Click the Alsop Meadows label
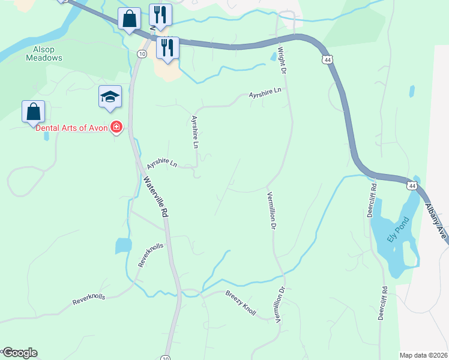[43, 54]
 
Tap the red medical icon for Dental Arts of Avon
[116, 128]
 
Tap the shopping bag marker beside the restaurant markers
[129, 19]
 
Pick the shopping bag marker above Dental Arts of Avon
[33, 112]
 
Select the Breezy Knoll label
[241, 304]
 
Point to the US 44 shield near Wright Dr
[327, 60]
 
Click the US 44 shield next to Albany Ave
[411, 185]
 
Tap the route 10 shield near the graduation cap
[141, 54]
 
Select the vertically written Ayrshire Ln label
[194, 132]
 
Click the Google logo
[19, 353]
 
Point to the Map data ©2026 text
[423, 355]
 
